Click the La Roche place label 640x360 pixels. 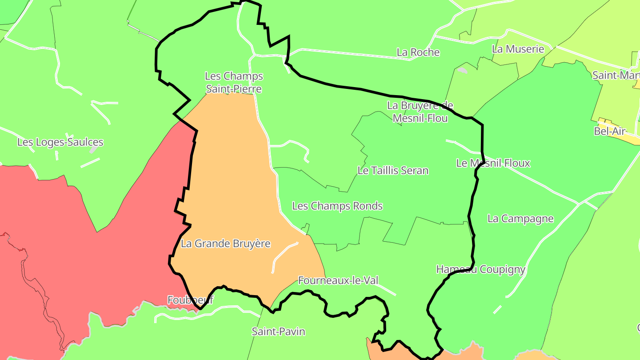tap(418, 52)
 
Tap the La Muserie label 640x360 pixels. tap(518, 49)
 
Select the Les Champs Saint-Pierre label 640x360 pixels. tap(234, 83)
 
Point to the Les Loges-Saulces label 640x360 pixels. tap(60, 142)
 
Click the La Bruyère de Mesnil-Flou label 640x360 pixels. tap(420, 112)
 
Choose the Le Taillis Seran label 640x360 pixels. tap(393, 170)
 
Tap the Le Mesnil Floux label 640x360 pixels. tap(493, 163)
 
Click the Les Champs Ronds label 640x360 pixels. tap(337, 206)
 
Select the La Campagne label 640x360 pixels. tap(520, 219)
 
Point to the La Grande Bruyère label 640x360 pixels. tap(225, 244)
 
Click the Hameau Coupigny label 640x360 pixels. tap(480, 269)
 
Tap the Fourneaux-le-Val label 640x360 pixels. tap(338, 280)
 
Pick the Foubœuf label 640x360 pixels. tap(190, 300)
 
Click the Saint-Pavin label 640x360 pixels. tap(278, 331)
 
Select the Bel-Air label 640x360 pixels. tap(609, 131)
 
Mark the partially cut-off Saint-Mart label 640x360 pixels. tap(616, 75)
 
